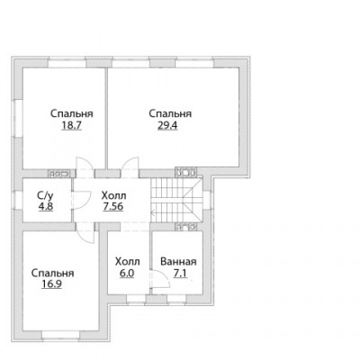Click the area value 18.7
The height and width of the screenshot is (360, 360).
71,125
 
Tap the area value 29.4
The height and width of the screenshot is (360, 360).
167,125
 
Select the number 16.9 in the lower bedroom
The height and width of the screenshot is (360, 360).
52,283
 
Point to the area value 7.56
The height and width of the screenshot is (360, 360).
113,207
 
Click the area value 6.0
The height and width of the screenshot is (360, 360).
127,274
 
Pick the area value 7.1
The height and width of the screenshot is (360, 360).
180,274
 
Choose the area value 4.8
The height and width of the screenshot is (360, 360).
46,207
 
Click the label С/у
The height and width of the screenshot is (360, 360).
46,196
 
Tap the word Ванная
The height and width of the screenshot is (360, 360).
178,262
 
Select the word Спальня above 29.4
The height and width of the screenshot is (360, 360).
170,114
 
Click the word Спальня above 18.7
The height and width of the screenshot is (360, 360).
72,114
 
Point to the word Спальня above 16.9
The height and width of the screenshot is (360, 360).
53,274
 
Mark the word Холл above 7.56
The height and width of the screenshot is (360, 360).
114,196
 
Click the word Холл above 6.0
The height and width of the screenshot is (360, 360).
128,262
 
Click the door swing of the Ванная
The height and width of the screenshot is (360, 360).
160,279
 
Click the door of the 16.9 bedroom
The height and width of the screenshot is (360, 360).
85,234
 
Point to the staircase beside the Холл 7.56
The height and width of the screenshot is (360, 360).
176,200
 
